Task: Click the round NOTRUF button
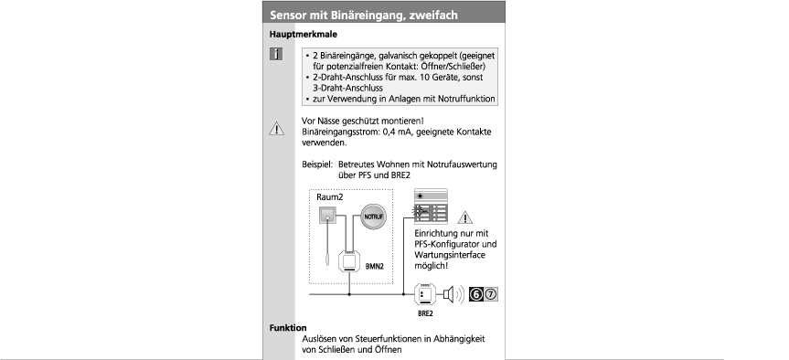point(373,217)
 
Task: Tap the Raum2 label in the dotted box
point(330,197)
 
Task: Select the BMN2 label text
point(374,267)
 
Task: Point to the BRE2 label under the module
point(425,313)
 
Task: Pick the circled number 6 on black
point(476,294)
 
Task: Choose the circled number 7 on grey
point(491,294)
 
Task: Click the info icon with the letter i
point(276,54)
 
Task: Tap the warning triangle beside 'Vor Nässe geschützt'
point(277,129)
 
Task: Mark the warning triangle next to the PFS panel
point(465,217)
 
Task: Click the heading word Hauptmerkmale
point(304,35)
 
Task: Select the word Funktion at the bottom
point(288,328)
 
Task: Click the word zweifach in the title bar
point(433,16)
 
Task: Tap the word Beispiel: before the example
point(317,164)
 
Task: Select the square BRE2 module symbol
point(424,294)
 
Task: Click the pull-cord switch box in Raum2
point(328,216)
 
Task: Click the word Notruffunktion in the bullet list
point(465,99)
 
